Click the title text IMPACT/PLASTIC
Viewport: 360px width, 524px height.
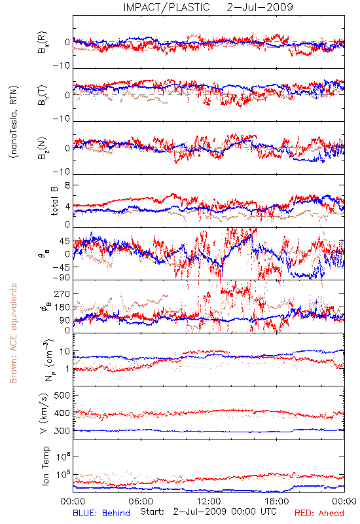pos(166,7)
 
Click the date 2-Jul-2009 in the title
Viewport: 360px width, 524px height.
pos(260,7)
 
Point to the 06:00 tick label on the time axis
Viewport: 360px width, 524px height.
pos(141,501)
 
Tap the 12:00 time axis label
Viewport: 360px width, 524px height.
pos(209,501)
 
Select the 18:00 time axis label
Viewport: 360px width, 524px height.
pos(277,501)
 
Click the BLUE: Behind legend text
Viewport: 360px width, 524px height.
pos(101,513)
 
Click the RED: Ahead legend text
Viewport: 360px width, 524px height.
pos(319,513)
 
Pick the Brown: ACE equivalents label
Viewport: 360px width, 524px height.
pos(13,333)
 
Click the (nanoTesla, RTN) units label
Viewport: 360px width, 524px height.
pos(14,122)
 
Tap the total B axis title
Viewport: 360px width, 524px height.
pos(54,201)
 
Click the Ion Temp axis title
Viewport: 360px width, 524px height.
pos(45,466)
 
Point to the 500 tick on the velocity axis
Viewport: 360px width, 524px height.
pos(62,396)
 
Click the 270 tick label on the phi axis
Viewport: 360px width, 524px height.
pos(62,293)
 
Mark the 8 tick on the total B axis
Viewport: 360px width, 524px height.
pos(67,185)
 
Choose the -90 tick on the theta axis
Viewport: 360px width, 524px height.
pos(61,278)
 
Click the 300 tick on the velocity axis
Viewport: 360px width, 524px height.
pos(62,431)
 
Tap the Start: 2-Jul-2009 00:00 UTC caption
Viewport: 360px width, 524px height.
pos(208,512)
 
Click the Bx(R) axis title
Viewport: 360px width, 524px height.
pos(43,43)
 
